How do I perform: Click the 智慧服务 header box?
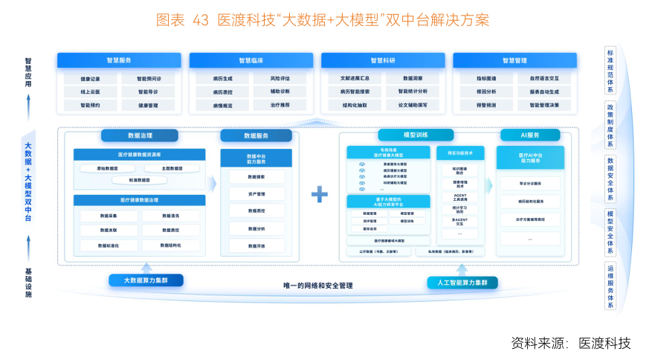119,60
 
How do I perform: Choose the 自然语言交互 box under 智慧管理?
544,78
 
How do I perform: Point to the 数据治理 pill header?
140,136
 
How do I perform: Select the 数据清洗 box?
169,216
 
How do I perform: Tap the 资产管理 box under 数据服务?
256,194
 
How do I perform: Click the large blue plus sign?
320,195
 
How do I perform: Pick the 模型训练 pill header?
416,135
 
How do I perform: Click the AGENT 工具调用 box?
459,197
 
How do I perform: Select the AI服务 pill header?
529,135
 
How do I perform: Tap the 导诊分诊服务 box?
530,183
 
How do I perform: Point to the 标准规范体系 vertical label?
610,70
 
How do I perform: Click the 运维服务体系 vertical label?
610,286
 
